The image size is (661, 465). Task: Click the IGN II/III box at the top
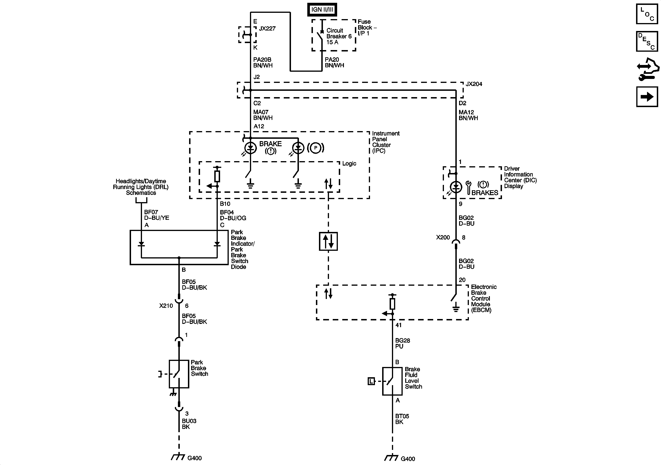coord(322,10)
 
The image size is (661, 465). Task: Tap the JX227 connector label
coord(267,28)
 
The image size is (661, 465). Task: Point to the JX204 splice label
coord(474,84)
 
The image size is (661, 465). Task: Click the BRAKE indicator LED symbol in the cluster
coord(250,148)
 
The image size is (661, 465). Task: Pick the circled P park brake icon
coord(315,148)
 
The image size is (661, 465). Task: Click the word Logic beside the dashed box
coord(349,163)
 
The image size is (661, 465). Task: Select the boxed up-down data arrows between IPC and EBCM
coord(328,241)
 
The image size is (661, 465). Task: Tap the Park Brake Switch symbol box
coord(179,374)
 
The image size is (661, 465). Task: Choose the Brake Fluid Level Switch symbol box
coord(392,381)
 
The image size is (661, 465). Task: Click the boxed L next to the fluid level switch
coord(371,381)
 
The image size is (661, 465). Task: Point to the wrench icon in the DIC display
coord(468,187)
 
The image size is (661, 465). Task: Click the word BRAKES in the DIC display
coord(485,193)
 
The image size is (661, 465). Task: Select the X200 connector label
coord(443,237)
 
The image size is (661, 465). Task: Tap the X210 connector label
coord(166,306)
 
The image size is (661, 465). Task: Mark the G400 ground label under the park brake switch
coord(194,458)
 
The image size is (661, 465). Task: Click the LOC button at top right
coord(647,14)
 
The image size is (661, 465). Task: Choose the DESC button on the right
coord(647,41)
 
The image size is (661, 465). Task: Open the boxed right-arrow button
coord(647,97)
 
